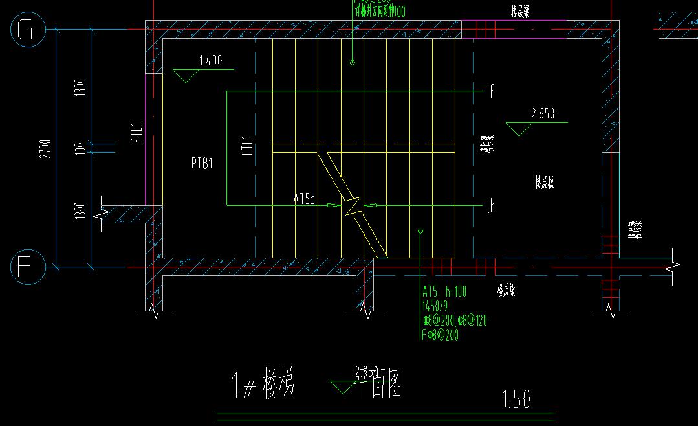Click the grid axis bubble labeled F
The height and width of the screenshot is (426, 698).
(27, 267)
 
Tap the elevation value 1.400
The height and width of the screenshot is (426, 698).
(210, 62)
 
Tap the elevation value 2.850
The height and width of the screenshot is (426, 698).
(542, 114)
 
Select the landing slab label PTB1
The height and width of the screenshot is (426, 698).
(202, 164)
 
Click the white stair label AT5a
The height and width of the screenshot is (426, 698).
(303, 201)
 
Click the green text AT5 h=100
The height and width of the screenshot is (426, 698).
(445, 291)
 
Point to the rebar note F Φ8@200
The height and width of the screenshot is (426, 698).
(440, 335)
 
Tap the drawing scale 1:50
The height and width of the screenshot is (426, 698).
(516, 400)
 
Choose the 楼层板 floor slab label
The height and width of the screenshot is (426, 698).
(543, 183)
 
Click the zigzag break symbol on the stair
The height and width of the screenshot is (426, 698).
(353, 206)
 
